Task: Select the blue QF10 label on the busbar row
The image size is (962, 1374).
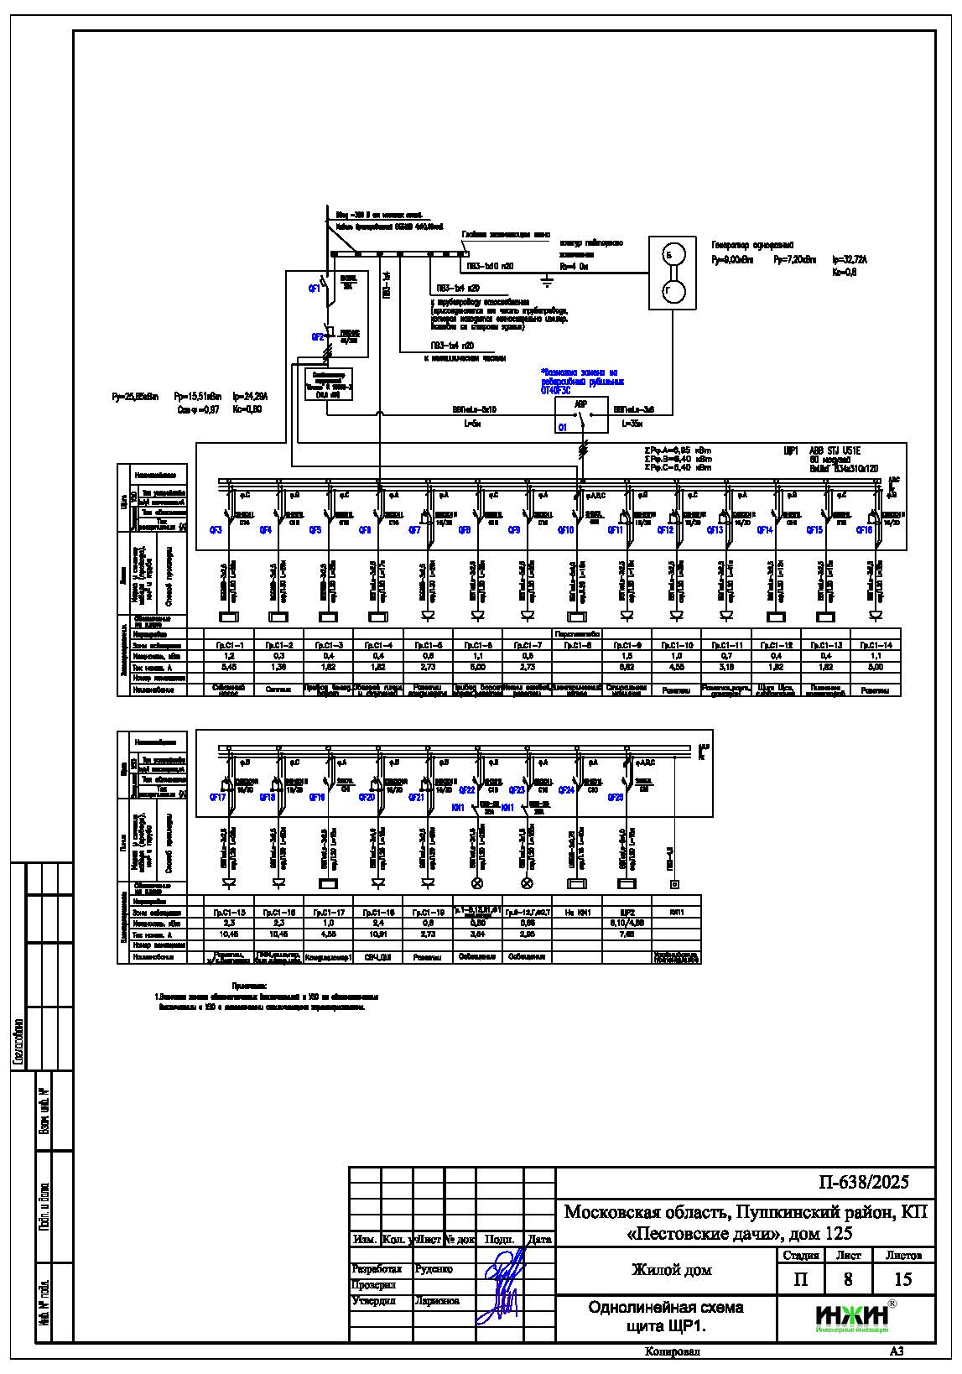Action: click(565, 530)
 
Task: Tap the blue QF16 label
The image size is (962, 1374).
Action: click(864, 530)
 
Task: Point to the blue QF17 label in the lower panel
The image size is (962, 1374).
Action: click(217, 798)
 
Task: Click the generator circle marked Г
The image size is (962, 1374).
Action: click(669, 291)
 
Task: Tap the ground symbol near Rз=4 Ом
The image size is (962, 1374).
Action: click(547, 280)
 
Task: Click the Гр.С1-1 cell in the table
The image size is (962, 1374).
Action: click(229, 645)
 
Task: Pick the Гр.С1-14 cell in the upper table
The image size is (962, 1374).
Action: click(876, 645)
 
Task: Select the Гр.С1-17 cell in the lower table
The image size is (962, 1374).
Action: click(328, 912)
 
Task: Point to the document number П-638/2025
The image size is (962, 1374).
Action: click(863, 1182)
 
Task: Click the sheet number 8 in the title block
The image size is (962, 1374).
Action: click(848, 1279)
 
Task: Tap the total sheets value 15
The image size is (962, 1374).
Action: click(902, 1279)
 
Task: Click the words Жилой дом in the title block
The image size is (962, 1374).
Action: click(671, 1270)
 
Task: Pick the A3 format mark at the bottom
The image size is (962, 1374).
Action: click(897, 1351)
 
